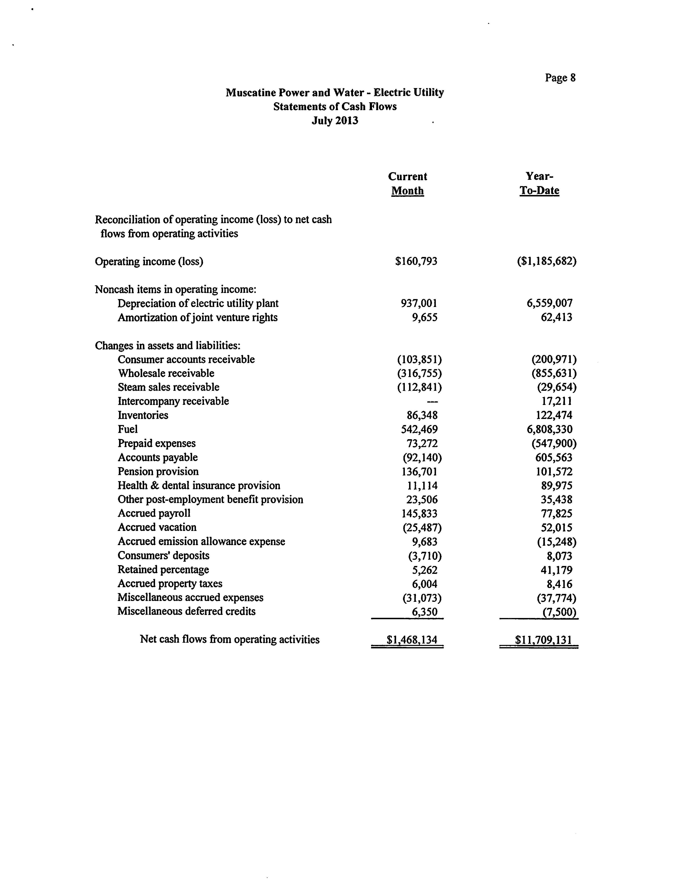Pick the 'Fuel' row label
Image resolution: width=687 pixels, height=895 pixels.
(x=128, y=429)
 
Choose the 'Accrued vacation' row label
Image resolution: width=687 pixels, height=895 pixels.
(x=157, y=527)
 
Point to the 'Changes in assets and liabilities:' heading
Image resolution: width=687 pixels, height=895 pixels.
(x=168, y=346)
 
